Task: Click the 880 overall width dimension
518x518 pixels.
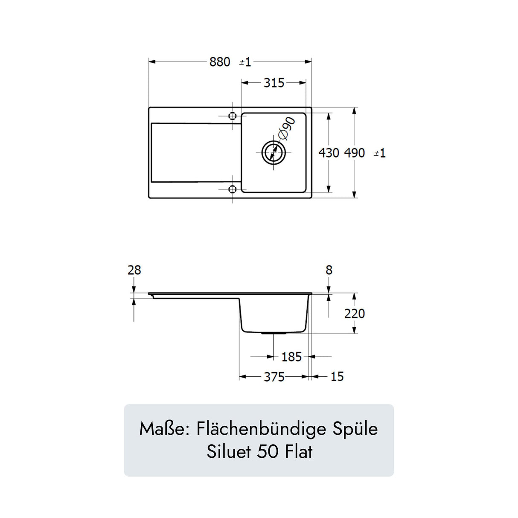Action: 220,62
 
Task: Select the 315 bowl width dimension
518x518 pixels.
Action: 274,83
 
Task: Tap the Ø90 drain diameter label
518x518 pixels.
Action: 287,128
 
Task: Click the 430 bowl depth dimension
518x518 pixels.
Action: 329,153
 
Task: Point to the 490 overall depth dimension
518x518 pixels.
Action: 355,153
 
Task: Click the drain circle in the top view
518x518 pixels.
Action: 274,152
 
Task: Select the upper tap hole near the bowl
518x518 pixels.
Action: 233,116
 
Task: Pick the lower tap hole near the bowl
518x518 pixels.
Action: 233,189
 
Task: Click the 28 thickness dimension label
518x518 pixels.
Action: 134,270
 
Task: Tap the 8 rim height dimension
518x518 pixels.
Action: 329,270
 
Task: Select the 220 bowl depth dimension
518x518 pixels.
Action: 355,314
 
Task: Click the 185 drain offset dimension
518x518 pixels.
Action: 291,357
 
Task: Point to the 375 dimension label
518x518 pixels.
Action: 274,377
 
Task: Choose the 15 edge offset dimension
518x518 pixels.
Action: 337,376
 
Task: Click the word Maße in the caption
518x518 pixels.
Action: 164,429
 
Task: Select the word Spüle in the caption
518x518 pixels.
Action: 355,429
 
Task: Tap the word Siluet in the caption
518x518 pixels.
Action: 229,451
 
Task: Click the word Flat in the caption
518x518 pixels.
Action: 299,451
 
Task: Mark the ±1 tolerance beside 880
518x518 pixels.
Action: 245,62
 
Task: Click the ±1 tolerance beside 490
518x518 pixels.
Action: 380,153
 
